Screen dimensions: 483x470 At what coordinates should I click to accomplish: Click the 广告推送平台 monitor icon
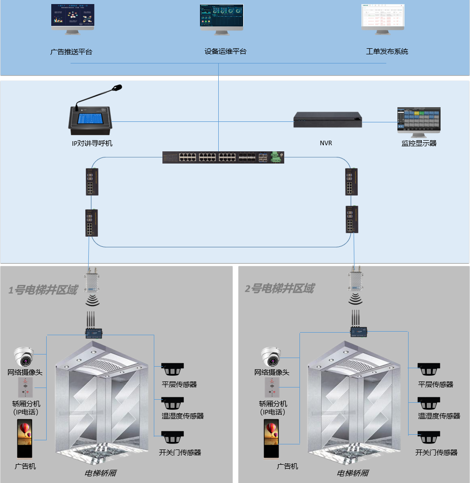[73, 19]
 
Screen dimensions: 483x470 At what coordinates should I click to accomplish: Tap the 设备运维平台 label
[225, 51]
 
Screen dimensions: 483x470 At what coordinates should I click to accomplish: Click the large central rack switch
[223, 157]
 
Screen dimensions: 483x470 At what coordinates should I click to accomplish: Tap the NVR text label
[326, 143]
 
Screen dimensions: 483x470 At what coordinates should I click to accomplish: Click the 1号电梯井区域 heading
[43, 290]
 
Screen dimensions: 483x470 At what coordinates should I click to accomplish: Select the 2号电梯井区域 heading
[279, 289]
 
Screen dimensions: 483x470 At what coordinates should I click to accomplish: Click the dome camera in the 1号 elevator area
[24, 357]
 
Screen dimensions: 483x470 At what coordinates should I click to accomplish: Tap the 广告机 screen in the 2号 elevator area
[272, 439]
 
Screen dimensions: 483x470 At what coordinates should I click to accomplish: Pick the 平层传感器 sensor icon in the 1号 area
[173, 369]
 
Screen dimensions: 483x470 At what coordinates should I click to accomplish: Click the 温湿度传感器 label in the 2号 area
[439, 415]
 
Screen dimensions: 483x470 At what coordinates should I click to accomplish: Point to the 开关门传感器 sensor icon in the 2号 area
[429, 437]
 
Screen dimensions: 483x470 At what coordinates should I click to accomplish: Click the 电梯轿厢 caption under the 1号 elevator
[100, 473]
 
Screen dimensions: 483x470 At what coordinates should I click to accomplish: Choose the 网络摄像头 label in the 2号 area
[272, 372]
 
